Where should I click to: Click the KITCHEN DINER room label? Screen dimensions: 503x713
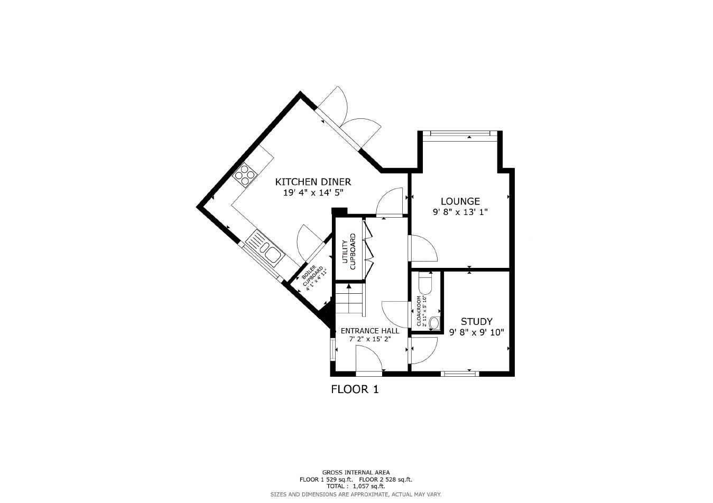click(x=312, y=182)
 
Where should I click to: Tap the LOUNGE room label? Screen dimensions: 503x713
click(x=460, y=201)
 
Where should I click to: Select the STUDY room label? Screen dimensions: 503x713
click(x=477, y=321)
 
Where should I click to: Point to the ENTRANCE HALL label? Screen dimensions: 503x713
click(x=370, y=331)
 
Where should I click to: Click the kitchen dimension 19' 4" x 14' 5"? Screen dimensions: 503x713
click(x=313, y=193)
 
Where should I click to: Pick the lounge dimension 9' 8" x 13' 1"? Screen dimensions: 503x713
click(x=460, y=212)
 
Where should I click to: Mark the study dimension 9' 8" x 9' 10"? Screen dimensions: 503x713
click(x=477, y=333)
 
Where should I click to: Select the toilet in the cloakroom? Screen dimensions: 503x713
click(x=425, y=283)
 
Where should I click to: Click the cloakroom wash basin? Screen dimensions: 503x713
click(x=435, y=322)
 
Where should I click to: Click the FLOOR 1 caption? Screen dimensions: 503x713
click(x=355, y=390)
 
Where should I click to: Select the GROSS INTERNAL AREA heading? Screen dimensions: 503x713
click(x=356, y=472)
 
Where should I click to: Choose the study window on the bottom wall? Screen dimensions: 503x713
click(x=460, y=374)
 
